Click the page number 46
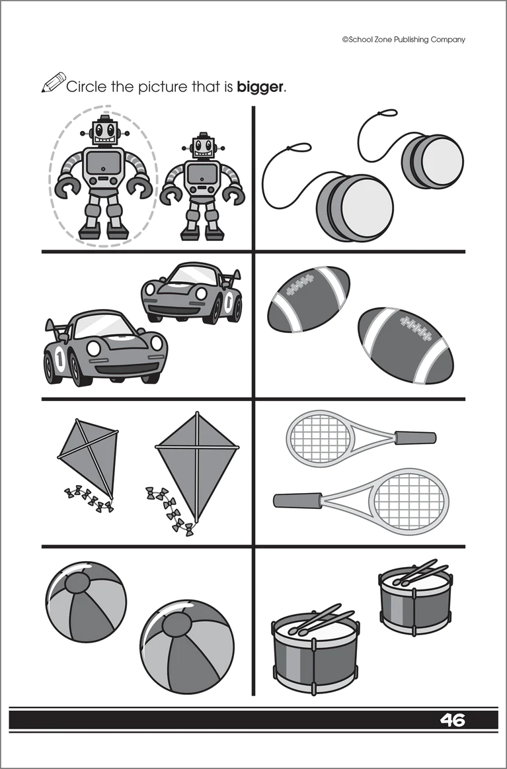[452, 720]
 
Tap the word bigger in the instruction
[260, 87]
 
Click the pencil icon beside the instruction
[54, 82]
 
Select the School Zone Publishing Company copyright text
[404, 40]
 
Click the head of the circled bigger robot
[104, 130]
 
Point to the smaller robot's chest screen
[202, 174]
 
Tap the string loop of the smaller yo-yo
[384, 114]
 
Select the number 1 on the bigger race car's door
[59, 359]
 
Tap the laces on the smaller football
[300, 285]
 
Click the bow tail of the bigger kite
[170, 510]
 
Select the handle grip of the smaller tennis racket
[415, 437]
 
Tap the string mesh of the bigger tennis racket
[409, 501]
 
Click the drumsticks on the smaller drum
[420, 573]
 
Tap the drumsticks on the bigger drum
[321, 619]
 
